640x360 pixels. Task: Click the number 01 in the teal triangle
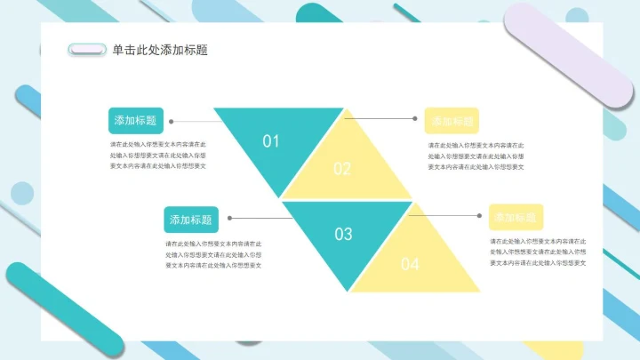point(271,140)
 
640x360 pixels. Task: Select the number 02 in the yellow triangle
point(342,169)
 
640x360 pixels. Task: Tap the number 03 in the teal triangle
point(343,234)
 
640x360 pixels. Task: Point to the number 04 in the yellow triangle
point(410,263)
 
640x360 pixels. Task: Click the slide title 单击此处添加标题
point(161,51)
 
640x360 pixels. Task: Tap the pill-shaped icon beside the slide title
point(87,51)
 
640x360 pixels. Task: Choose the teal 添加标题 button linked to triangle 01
point(135,121)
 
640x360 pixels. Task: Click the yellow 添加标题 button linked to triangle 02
point(452,121)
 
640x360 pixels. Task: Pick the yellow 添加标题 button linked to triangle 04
point(516,217)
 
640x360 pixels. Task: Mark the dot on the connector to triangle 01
point(171,121)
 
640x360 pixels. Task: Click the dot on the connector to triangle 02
point(415,118)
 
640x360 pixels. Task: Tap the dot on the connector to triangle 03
point(230,218)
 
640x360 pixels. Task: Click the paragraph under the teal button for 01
point(158,155)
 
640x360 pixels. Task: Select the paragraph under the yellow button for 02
point(476,156)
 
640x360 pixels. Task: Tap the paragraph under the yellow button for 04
point(539,252)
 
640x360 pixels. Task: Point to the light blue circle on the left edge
point(21,193)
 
